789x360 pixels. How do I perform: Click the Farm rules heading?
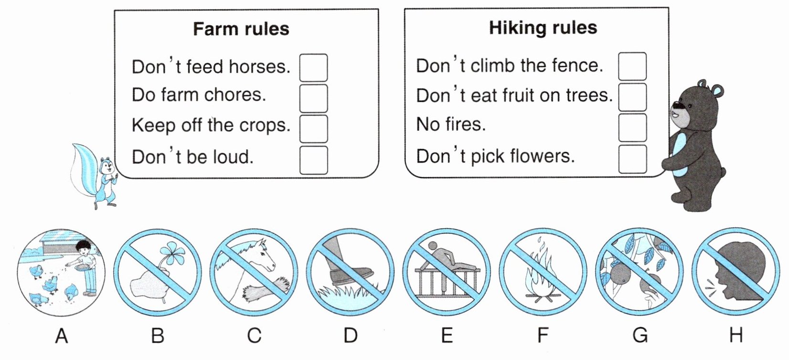pyautogui.click(x=241, y=29)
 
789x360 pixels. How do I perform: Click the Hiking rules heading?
pyautogui.click(x=543, y=28)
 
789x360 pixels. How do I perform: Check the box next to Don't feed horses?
pyautogui.click(x=313, y=68)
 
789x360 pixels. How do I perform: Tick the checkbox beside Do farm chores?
pyautogui.click(x=313, y=98)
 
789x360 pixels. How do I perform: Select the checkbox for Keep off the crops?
pyautogui.click(x=313, y=129)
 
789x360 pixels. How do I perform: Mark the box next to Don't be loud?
pyautogui.click(x=313, y=160)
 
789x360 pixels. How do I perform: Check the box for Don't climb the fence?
pyautogui.click(x=632, y=66)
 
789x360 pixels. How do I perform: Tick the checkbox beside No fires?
pyautogui.click(x=632, y=127)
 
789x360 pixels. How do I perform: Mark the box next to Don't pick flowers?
pyautogui.click(x=632, y=159)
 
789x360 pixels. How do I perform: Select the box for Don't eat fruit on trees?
pyautogui.click(x=632, y=97)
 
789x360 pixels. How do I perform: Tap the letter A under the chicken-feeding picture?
pyautogui.click(x=61, y=335)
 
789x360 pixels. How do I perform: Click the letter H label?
pyautogui.click(x=736, y=335)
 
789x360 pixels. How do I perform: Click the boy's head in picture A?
pyautogui.click(x=84, y=246)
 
